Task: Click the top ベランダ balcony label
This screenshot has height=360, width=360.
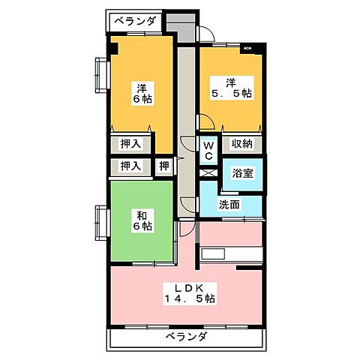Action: click(136, 21)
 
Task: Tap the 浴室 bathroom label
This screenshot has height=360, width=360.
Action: click(243, 173)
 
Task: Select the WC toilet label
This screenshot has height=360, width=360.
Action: click(209, 149)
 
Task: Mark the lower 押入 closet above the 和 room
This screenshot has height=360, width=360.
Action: click(131, 166)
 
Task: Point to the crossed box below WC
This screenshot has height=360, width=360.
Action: click(209, 172)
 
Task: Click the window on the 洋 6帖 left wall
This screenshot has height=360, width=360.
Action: click(99, 75)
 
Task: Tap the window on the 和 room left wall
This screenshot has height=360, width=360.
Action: click(99, 223)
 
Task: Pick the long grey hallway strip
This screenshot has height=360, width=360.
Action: click(185, 127)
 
